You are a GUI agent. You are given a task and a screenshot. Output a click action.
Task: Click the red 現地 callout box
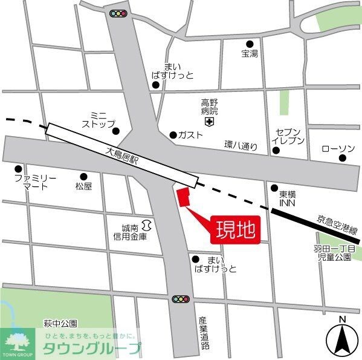(235, 231)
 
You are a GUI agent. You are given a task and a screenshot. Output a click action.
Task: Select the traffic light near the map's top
(118, 12)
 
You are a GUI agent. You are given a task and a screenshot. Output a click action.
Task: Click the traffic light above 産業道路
(180, 299)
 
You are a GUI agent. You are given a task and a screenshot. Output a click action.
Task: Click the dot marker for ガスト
(173, 134)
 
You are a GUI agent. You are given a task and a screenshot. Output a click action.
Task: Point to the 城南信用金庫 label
(130, 232)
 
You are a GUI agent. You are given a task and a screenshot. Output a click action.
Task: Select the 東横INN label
(287, 199)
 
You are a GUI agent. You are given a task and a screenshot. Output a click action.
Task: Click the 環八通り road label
(241, 145)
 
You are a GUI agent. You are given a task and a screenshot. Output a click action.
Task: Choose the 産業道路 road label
(204, 333)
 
